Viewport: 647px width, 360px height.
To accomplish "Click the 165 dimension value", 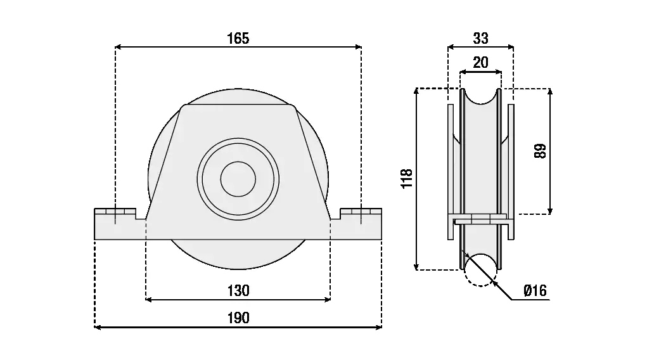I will point(238,39).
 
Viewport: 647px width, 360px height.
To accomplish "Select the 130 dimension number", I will point(238,291).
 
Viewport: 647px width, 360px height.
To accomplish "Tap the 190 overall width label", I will point(238,318).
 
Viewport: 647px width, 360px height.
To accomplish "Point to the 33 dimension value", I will point(481,39).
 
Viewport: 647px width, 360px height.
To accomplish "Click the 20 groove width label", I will point(481,62).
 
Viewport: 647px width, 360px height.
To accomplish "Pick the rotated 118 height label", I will point(407,178).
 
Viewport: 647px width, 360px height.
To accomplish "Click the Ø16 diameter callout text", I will point(534,291).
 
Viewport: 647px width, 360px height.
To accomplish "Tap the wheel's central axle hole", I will point(238,179).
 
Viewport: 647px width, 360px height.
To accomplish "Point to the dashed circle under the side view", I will point(480,269).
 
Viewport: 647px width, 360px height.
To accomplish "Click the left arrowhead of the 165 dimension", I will point(119,46).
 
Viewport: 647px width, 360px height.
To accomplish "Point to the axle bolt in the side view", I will point(480,219).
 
